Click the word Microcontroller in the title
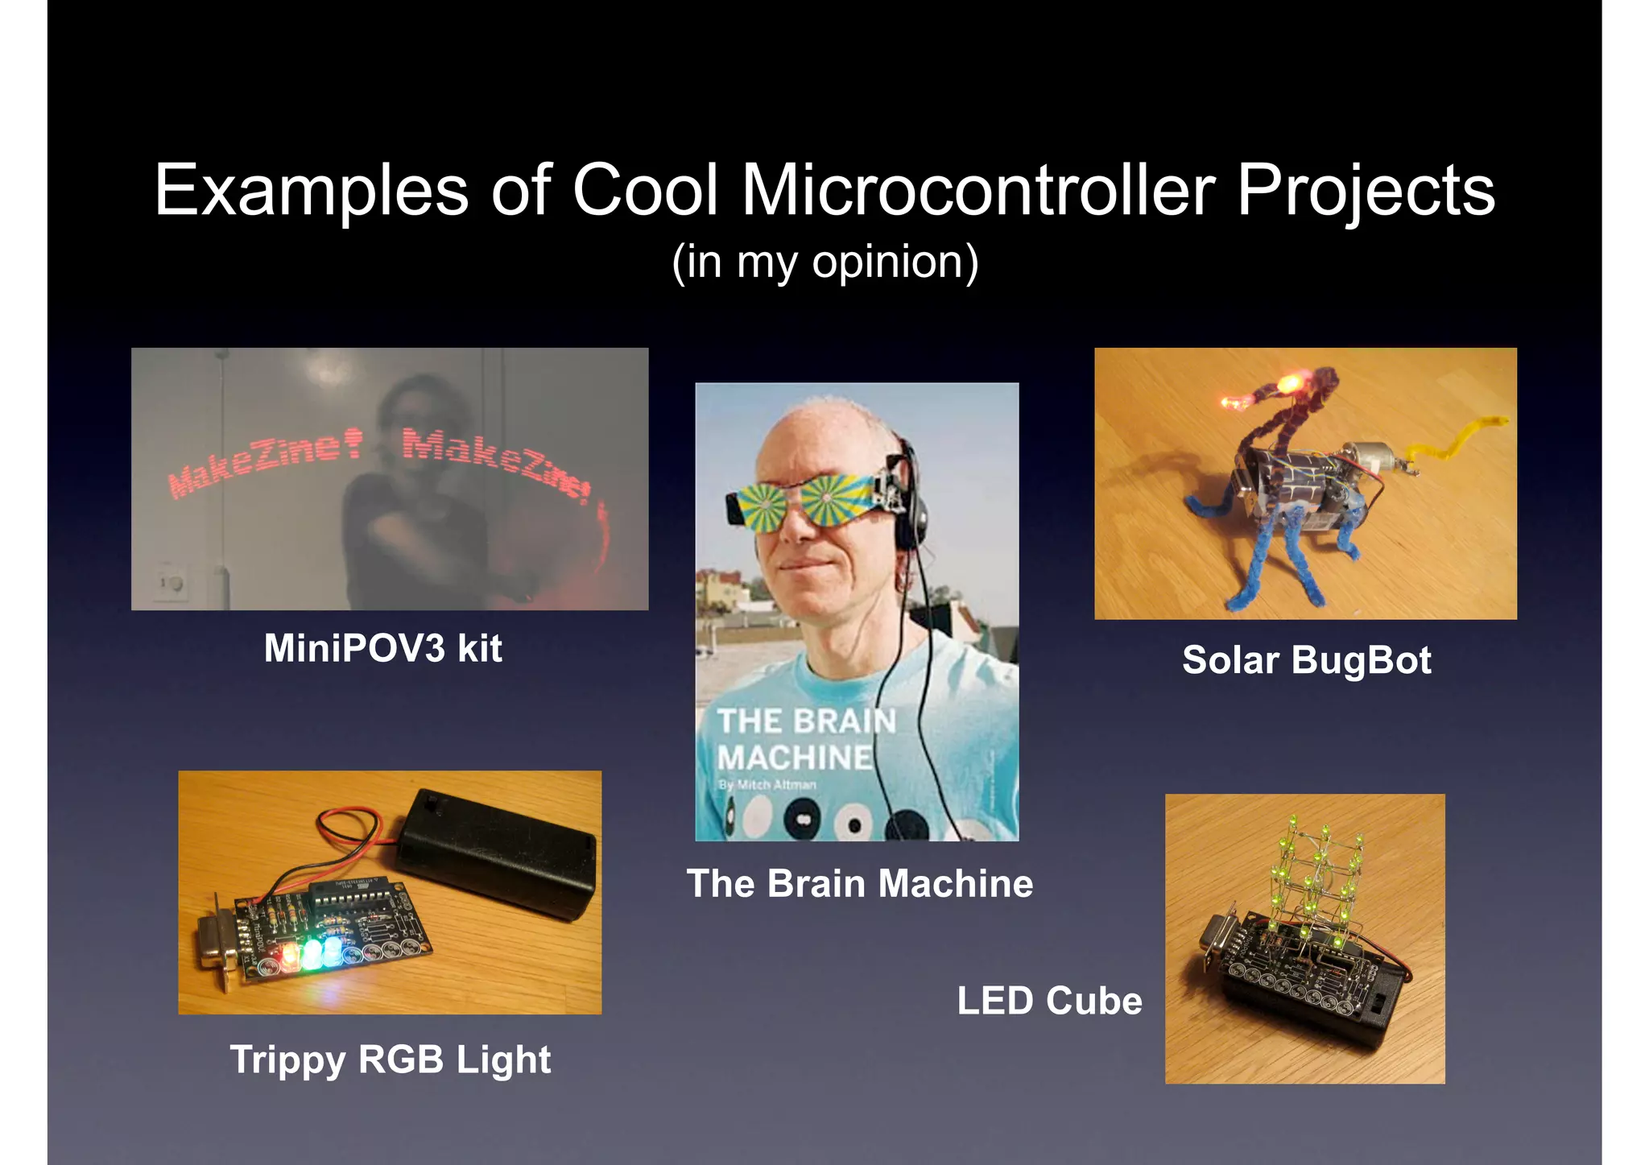point(977,191)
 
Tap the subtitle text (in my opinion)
point(824,262)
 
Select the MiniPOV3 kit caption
point(383,648)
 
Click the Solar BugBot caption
point(1306,660)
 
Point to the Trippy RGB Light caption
point(391,1060)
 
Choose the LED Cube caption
point(1049,1001)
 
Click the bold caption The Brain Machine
point(859,883)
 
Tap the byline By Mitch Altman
point(767,784)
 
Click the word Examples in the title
point(311,191)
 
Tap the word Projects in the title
point(1366,191)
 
